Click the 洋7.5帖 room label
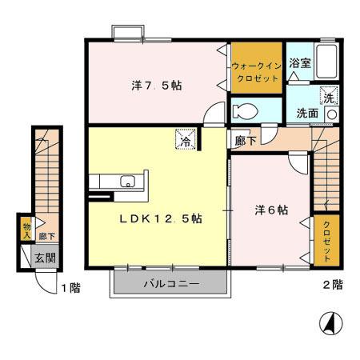(x=156, y=85)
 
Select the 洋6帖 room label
(x=271, y=210)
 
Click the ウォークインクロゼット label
(x=255, y=73)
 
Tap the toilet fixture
(x=242, y=109)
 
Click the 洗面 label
(x=307, y=113)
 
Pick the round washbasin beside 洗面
(x=332, y=114)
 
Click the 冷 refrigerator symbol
(x=184, y=142)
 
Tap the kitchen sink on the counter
(x=129, y=182)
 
